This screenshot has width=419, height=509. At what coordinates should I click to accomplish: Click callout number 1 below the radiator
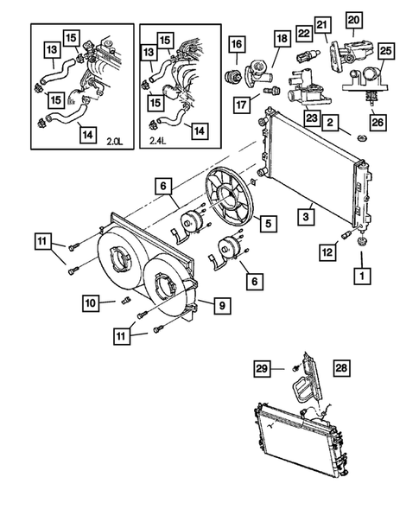(x=360, y=277)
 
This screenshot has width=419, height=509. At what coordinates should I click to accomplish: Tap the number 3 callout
(x=306, y=210)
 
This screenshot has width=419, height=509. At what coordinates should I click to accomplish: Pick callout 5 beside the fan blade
(x=269, y=223)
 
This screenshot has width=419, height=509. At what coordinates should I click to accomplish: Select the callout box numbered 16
(x=236, y=44)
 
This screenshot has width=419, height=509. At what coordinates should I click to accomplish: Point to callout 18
(x=282, y=39)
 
